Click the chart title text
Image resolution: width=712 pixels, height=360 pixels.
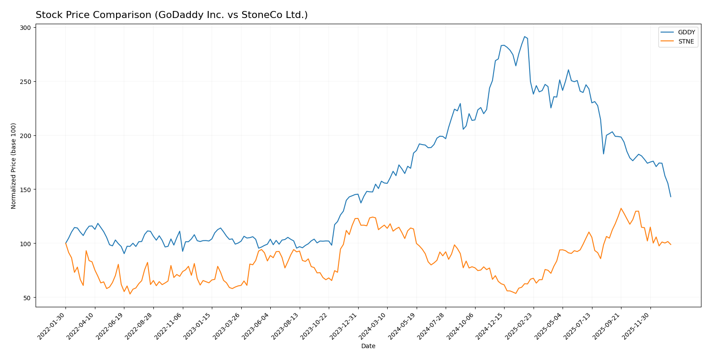171,15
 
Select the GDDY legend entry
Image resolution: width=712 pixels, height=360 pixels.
686,32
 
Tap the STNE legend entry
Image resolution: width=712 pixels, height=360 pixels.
686,42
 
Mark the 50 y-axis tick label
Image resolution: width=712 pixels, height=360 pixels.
27,298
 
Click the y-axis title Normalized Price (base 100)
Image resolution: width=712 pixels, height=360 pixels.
14,166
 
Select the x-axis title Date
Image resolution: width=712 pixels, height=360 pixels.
368,346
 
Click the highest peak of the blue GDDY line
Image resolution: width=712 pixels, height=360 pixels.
524,36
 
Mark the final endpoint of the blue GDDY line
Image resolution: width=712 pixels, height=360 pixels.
671,196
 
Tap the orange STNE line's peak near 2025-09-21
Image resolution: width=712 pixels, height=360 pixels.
621,208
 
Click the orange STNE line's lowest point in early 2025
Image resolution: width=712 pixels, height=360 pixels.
516,293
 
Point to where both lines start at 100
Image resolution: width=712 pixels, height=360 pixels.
66,243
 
